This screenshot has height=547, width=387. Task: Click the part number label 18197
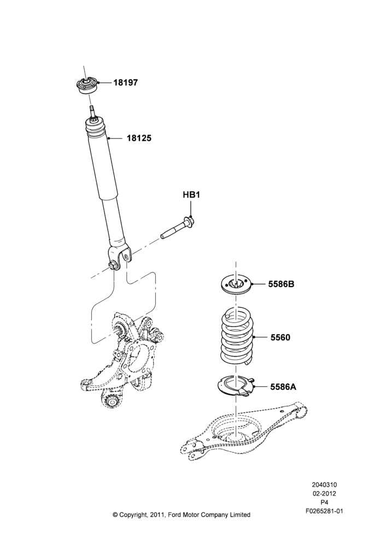(x=126, y=83)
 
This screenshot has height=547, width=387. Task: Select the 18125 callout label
(x=139, y=138)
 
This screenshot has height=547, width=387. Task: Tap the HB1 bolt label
(x=191, y=195)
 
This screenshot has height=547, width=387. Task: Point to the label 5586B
(x=281, y=284)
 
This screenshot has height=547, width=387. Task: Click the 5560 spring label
(x=280, y=337)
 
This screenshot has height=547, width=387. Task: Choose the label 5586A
(x=283, y=387)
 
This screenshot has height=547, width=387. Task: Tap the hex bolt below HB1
(x=178, y=229)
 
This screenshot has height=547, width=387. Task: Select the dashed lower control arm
(x=244, y=433)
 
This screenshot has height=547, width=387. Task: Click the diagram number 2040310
(x=324, y=485)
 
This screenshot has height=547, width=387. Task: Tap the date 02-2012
(x=324, y=493)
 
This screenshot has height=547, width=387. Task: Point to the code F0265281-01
(x=324, y=511)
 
